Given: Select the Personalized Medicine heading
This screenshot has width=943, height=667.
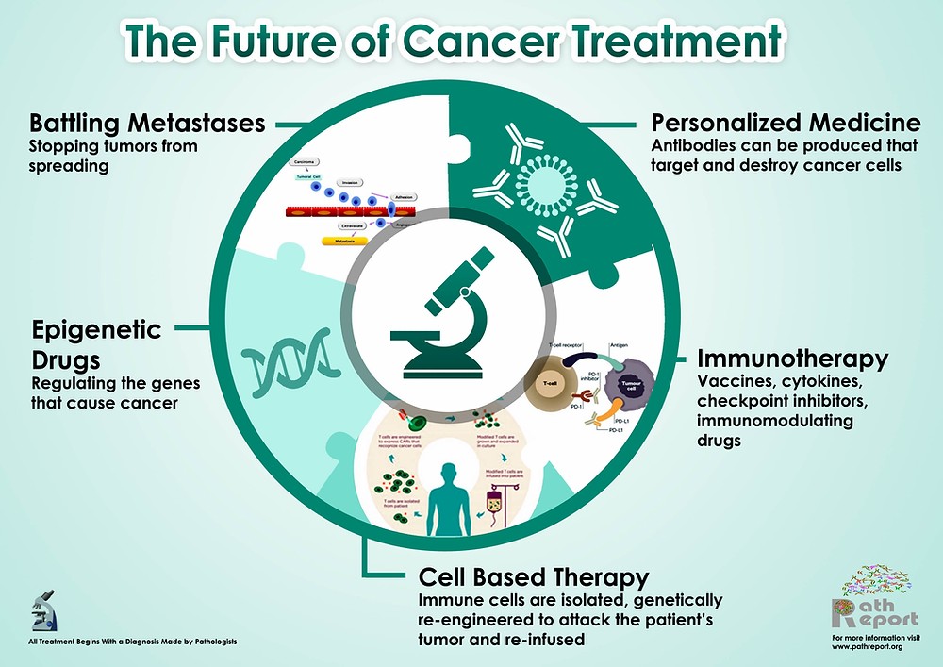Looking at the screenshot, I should (786, 123).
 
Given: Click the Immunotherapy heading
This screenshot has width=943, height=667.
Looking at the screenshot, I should (792, 359).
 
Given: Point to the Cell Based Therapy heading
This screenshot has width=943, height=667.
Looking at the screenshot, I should (534, 576).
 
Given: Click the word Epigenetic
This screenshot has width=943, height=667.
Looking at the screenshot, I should (96, 330).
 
